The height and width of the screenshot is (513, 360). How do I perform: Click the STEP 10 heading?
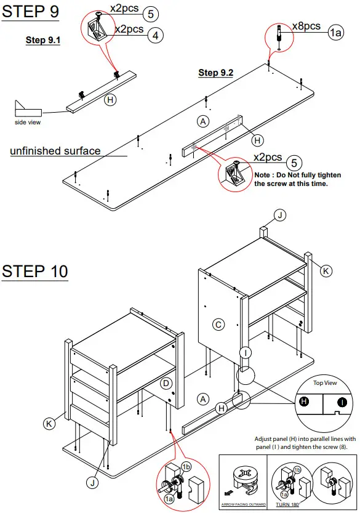34,272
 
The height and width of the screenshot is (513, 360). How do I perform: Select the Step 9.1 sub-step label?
43,40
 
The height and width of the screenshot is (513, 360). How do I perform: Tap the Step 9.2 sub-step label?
215,73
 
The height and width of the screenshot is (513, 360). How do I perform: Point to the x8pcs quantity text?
306,26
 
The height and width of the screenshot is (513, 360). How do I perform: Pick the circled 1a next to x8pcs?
335,33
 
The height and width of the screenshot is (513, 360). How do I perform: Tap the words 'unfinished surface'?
55,151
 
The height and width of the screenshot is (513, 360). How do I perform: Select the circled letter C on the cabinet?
218,324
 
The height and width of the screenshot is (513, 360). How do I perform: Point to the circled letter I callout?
246,352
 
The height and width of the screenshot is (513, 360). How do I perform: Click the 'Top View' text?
326,383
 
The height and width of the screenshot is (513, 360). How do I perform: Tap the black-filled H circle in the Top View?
303,401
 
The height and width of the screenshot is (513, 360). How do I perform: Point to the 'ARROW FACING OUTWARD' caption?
243,504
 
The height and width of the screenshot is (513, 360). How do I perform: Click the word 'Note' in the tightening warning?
263,174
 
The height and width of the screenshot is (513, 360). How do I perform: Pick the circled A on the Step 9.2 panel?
202,121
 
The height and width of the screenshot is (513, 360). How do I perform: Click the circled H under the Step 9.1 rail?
110,99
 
